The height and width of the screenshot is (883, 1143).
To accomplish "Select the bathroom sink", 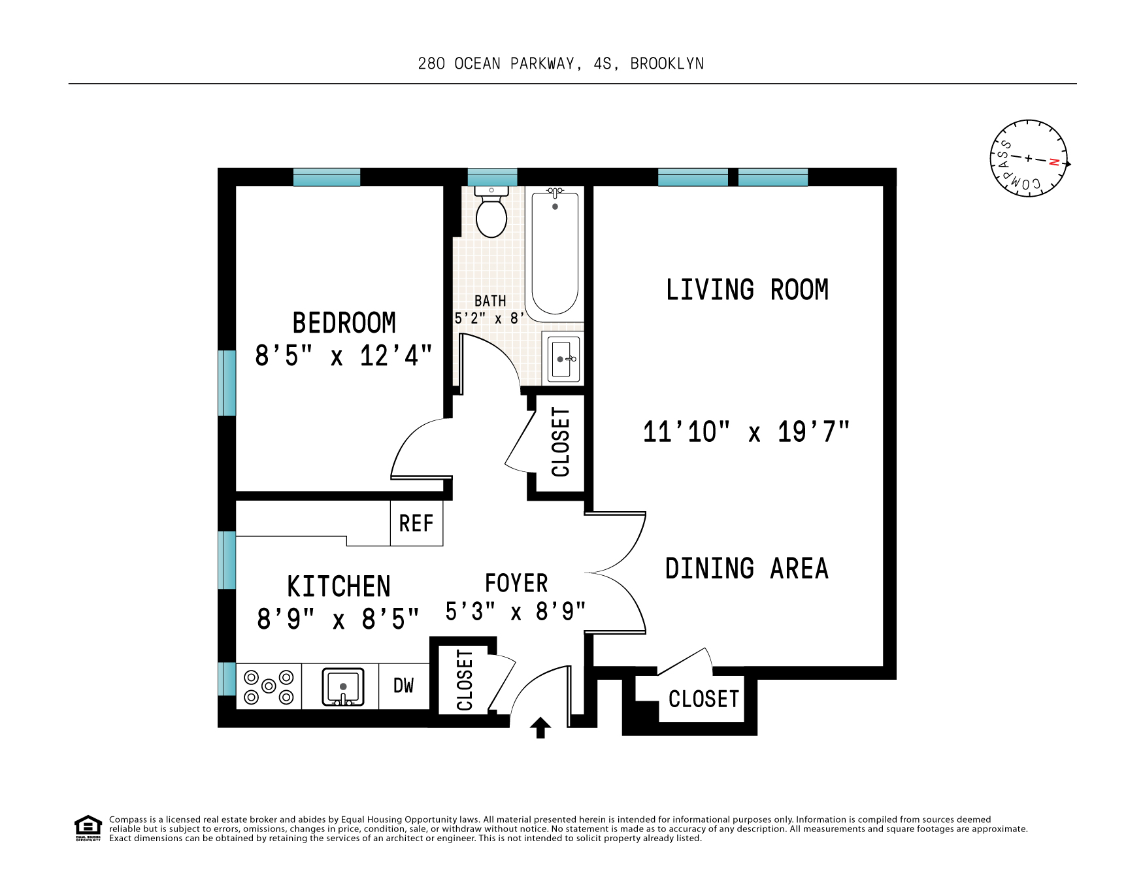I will click(562, 359).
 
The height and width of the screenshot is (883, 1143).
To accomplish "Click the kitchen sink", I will click(342, 686).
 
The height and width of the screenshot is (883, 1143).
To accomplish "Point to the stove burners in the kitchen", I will click(269, 687).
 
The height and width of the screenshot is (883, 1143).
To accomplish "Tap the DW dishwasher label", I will click(403, 685).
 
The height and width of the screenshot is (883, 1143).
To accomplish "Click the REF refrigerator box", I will click(416, 523).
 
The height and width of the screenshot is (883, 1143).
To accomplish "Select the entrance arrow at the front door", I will click(540, 727).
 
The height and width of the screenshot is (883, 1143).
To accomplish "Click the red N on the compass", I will click(1053, 162).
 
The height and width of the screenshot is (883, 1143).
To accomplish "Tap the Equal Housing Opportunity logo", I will click(88, 827).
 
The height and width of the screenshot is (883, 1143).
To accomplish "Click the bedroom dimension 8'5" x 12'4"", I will click(343, 356).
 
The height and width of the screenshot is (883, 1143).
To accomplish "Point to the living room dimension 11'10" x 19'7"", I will click(746, 432).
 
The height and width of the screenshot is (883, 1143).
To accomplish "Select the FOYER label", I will click(516, 583).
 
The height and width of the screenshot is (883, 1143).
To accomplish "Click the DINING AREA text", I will click(746, 569).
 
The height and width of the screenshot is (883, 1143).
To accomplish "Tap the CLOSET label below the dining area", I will click(703, 699).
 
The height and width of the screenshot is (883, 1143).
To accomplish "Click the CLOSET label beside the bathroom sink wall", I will click(561, 442).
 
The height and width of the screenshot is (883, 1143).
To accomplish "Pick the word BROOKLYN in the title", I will click(667, 63).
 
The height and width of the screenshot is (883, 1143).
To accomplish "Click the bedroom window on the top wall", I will click(326, 177).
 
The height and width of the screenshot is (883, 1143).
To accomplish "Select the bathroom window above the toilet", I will click(492, 177).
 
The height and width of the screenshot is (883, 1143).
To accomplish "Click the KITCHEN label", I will click(339, 586).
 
